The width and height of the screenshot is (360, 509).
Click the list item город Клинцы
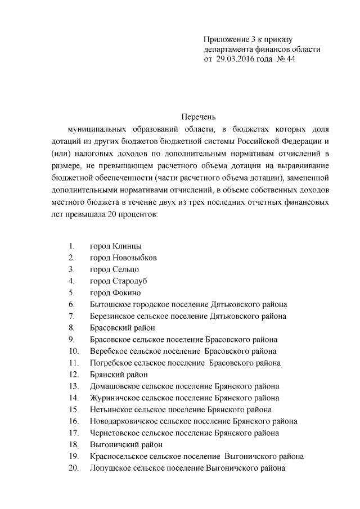[x=115, y=246]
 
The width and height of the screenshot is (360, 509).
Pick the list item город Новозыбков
[x=123, y=258]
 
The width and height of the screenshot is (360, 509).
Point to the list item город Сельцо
[x=115, y=269]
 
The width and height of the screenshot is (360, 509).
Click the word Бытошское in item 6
[x=110, y=305]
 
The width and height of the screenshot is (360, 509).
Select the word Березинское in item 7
[x=112, y=316]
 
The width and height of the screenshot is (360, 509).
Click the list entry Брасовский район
[x=122, y=328]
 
